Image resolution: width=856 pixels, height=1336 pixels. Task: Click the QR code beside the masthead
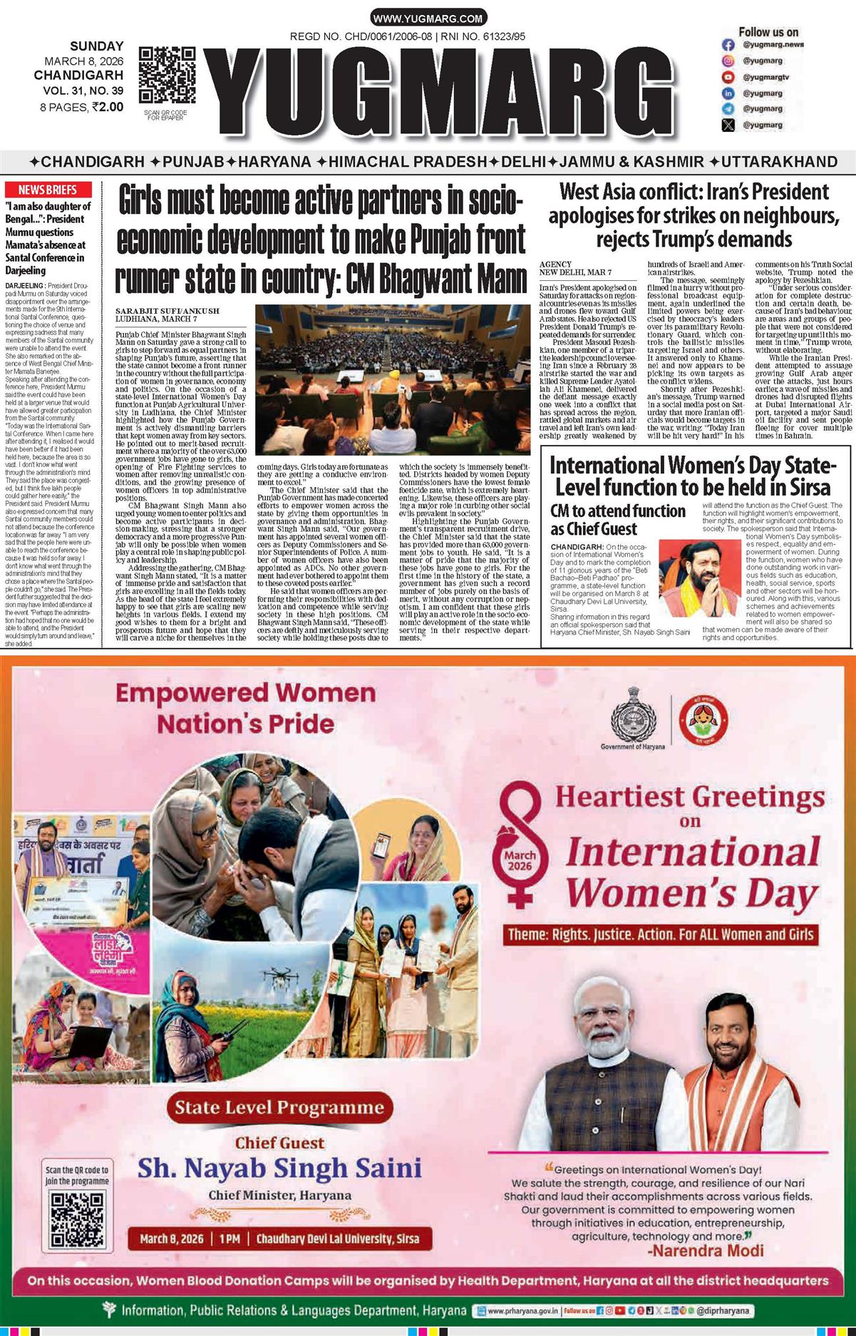pyautogui.click(x=167, y=76)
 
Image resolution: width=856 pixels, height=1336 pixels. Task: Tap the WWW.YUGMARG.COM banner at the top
pyautogui.click(x=428, y=19)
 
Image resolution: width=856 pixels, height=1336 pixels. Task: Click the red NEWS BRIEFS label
pyautogui.click(x=47, y=190)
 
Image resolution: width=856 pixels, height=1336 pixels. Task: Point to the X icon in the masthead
pyautogui.click(x=728, y=125)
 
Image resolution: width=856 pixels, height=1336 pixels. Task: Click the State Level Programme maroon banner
pyautogui.click(x=279, y=1107)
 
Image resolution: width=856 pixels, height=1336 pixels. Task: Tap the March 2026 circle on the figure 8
pyautogui.click(x=520, y=860)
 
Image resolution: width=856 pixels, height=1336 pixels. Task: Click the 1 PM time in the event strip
pyautogui.click(x=230, y=1238)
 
